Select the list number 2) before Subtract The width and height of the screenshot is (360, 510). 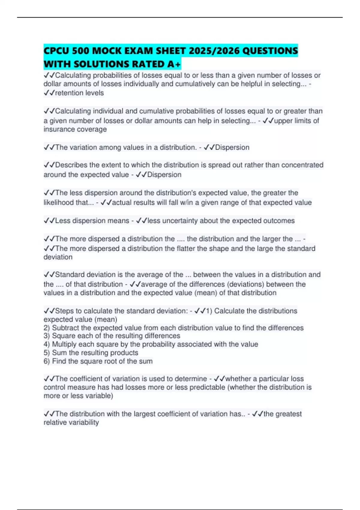tap(47, 328)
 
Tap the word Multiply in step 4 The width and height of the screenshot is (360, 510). tap(64, 344)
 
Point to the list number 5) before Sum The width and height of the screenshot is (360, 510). tap(47, 352)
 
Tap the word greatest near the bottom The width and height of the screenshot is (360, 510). tap(288, 414)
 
